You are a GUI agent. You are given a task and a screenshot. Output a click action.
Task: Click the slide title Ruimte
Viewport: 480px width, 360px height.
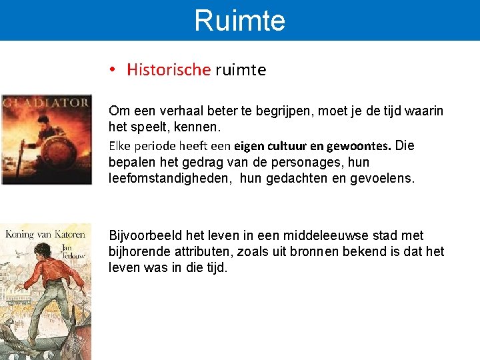[x=239, y=20]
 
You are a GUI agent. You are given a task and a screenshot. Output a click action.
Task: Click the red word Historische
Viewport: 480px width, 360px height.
[x=169, y=70]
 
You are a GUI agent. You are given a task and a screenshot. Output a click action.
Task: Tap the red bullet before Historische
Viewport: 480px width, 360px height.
[x=114, y=70]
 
